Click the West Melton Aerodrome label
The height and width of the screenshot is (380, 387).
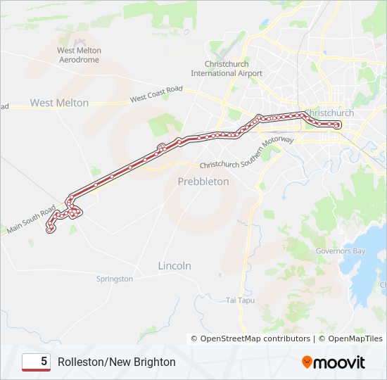79,55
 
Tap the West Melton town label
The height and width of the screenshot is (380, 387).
59,103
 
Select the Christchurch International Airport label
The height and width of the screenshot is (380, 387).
227,68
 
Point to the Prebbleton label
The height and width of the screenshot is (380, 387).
203,181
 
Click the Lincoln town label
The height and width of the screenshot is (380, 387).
175,266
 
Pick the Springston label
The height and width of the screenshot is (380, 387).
115,279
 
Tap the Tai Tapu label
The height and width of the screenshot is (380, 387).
240,300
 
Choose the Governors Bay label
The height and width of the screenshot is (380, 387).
341,251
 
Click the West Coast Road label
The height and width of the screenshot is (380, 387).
156,94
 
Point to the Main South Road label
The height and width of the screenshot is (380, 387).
31,220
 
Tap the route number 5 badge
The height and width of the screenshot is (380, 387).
37,362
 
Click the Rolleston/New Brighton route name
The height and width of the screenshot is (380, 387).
117,362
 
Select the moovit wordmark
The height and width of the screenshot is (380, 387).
340,362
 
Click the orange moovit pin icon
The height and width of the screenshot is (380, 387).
307,362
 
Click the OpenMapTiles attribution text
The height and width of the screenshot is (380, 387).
350,338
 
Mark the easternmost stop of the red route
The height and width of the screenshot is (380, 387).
338,125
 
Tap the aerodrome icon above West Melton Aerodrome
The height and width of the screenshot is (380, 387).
79,40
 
